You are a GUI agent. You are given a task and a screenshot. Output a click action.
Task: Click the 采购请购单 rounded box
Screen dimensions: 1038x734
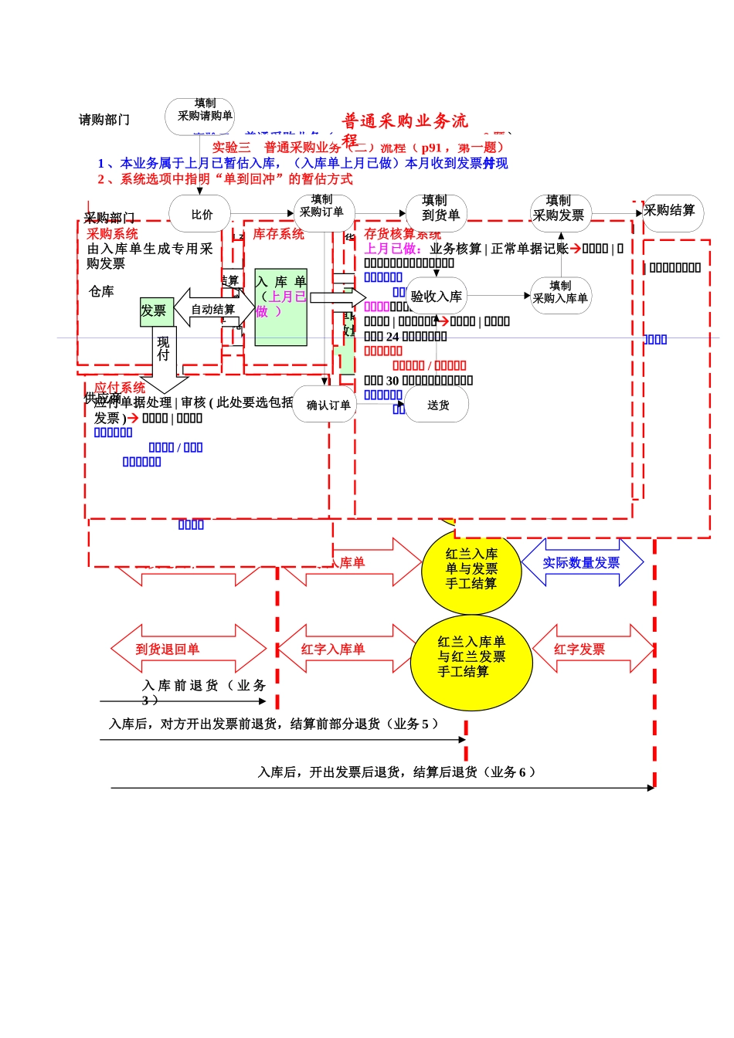click(x=199, y=116)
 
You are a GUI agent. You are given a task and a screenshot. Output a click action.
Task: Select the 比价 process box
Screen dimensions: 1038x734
click(x=201, y=215)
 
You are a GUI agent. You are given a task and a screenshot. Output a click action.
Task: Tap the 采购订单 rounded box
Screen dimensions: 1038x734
click(x=324, y=212)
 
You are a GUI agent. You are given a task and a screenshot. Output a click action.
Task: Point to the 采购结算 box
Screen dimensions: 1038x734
click(x=672, y=212)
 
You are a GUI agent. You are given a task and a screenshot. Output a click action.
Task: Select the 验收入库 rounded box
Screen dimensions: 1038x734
click(x=437, y=296)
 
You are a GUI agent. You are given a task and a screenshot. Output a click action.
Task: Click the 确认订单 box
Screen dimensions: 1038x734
click(x=325, y=405)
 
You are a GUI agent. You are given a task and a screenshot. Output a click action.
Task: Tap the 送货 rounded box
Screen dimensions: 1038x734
click(x=438, y=405)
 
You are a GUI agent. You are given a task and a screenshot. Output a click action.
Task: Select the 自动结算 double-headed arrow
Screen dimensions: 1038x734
click(x=213, y=309)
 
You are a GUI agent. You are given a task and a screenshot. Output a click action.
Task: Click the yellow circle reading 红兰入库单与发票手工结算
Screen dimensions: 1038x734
click(x=471, y=569)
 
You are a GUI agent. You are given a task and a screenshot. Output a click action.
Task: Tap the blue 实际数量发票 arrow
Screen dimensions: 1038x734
click(x=582, y=563)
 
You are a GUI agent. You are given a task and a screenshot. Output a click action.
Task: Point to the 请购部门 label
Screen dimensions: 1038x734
click(x=104, y=120)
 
